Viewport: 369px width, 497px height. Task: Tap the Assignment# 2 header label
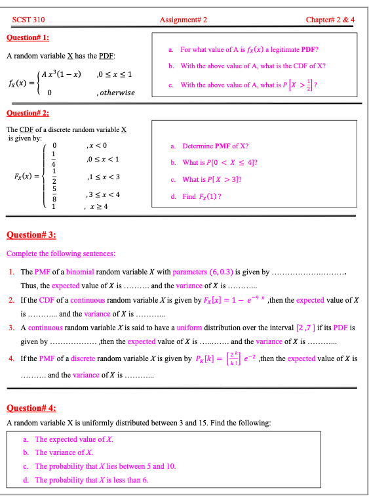(184, 20)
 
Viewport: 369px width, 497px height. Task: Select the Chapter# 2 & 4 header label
(330, 20)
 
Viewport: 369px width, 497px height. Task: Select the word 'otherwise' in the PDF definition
(117, 93)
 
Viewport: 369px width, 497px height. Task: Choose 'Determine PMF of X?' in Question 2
(215, 146)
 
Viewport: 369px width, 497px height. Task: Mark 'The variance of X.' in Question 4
(64, 452)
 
